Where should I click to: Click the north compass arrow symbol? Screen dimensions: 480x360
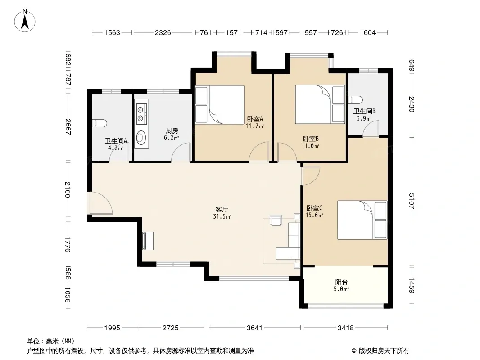tap(25, 22)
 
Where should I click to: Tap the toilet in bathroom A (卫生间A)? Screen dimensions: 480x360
tap(100, 123)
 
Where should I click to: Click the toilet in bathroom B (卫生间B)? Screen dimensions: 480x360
tap(355, 100)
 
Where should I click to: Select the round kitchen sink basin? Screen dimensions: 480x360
tap(141, 137)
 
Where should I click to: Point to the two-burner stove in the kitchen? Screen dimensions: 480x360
tap(141, 113)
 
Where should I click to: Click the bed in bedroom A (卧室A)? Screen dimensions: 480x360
tap(219, 104)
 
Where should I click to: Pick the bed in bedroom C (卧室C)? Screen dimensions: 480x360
tap(362, 220)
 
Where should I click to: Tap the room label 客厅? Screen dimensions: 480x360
tap(222, 210)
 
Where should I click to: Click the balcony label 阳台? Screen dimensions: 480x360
tap(341, 282)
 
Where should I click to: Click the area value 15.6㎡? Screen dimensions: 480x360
tap(314, 216)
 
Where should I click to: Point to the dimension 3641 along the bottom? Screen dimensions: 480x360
tap(254, 328)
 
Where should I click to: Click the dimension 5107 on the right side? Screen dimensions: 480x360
tap(412, 201)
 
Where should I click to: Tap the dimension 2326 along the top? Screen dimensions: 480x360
tap(163, 32)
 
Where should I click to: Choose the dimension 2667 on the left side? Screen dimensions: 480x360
tap(68, 127)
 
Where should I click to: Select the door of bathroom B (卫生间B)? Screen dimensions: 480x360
tap(371, 128)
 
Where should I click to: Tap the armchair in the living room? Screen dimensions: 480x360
tap(276, 220)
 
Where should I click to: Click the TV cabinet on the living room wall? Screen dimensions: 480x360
tap(148, 241)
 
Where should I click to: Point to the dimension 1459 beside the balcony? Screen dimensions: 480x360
tap(412, 285)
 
